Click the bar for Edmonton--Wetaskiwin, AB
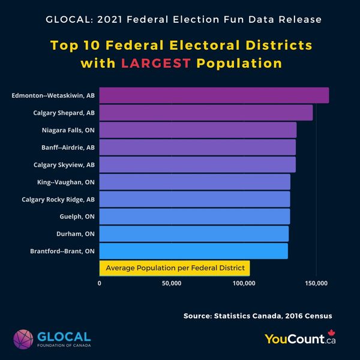214,95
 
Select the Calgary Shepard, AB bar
206,112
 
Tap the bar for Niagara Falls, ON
197,130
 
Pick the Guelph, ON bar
194,216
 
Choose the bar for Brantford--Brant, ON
193,251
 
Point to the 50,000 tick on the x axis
172,283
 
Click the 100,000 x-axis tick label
244,283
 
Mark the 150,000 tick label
316,283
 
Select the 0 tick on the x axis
99,283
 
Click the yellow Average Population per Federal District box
175,268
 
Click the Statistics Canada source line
258,316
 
